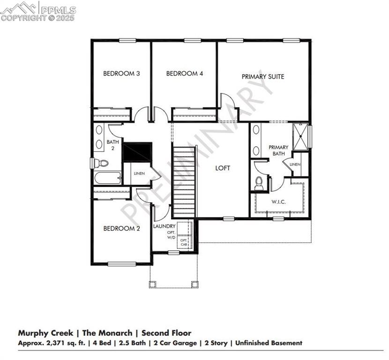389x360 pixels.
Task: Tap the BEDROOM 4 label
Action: [185, 74]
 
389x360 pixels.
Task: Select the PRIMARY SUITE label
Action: [263, 76]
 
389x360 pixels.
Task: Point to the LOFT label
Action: [223, 168]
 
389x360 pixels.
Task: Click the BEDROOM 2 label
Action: [121, 229]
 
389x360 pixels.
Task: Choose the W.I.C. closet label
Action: [279, 202]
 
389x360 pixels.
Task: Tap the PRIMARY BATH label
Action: [278, 150]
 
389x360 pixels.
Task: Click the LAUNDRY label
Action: [165, 226]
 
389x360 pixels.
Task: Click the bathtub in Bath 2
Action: [107, 178]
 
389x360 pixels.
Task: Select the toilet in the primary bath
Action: [259, 183]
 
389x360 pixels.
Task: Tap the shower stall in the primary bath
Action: [300, 135]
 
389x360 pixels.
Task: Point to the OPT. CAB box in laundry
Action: [184, 243]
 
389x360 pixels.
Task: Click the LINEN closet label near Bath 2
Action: [139, 173]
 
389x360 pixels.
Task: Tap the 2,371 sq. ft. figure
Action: [60, 343]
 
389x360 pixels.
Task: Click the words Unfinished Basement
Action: [269, 343]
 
